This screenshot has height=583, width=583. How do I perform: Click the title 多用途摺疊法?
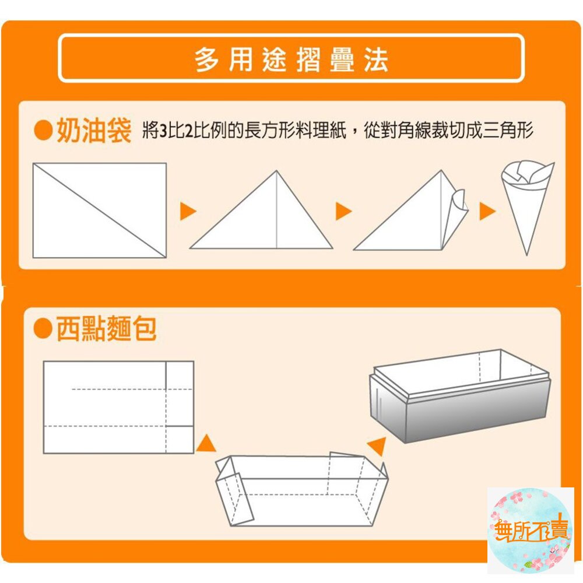coord(291,60)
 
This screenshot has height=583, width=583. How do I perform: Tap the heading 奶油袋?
coord(93,132)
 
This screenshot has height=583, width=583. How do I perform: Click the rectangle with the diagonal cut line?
coord(99,210)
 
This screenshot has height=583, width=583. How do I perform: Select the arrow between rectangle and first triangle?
coord(187,211)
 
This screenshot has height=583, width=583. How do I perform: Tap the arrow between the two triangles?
coord(343,211)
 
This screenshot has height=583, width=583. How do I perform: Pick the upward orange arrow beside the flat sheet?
coord(205,444)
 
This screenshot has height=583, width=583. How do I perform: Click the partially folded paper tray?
coord(300,490)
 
